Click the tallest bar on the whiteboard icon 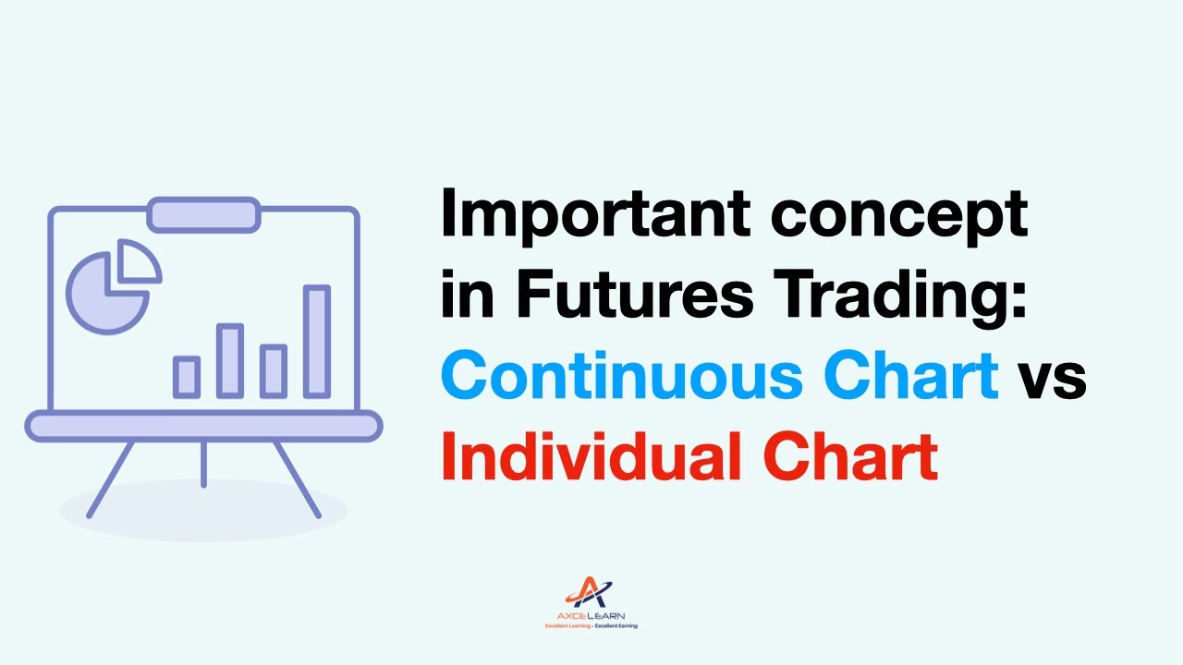317,342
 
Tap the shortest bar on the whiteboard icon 187,377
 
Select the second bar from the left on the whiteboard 230,360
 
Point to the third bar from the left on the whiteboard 273,370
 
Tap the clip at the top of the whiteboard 203,214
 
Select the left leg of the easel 111,478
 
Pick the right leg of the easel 297,478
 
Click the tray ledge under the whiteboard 203,426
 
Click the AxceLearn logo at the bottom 591,603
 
